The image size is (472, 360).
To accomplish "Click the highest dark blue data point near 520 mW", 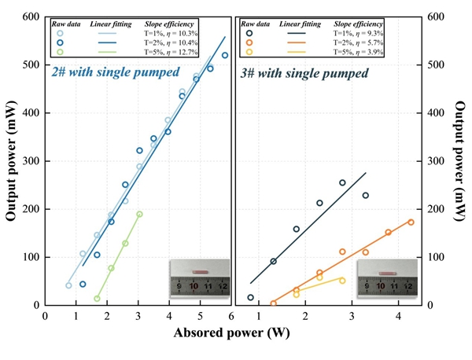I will click(x=225, y=55).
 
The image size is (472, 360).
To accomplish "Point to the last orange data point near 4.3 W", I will click(x=411, y=222).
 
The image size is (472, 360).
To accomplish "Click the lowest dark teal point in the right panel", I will click(x=250, y=297).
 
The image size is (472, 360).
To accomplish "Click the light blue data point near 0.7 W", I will click(x=68, y=285).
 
